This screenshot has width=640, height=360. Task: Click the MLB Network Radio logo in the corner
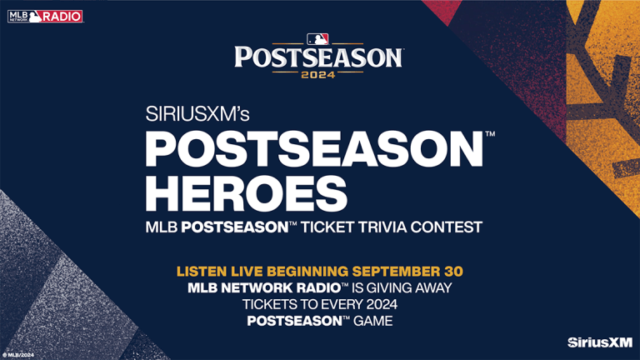coord(45,16)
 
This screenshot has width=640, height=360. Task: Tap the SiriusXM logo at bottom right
coord(599,342)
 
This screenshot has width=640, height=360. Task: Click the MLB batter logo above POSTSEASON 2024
coord(318,38)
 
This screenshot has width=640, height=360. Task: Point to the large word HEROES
coord(247,193)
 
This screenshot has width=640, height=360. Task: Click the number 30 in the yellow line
coord(452,272)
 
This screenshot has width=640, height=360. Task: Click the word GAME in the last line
coord(375,322)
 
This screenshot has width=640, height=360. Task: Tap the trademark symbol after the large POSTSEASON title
coord(490,134)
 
